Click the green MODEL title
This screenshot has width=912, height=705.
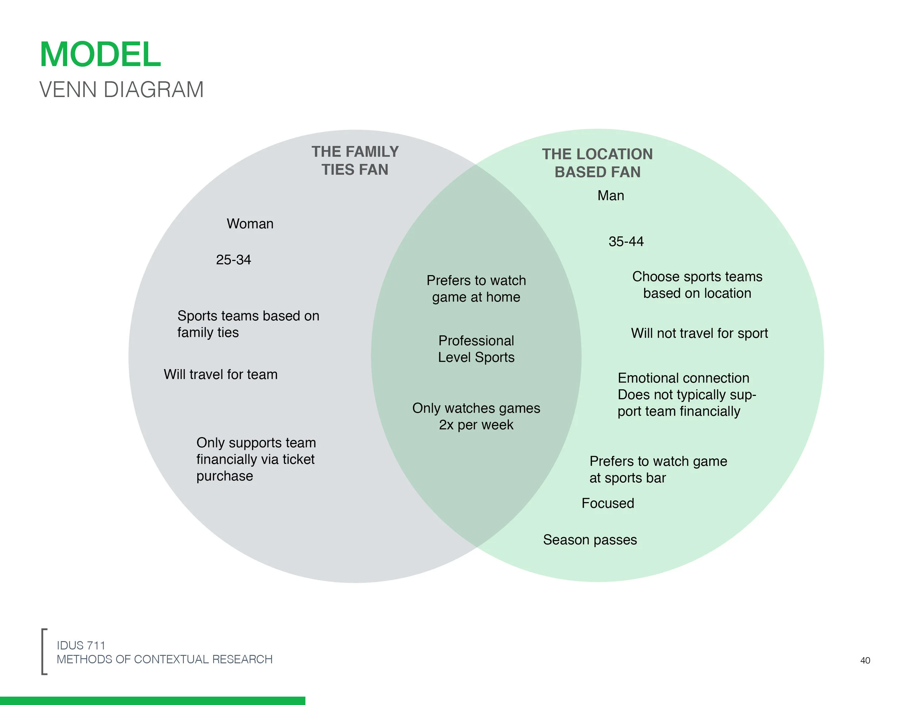[x=100, y=54]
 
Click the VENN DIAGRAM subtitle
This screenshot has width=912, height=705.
[x=121, y=90]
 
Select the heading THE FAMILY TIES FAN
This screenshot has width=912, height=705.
[x=355, y=161]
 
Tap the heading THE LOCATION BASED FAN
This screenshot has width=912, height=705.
[x=597, y=163]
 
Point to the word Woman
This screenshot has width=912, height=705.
[x=250, y=224]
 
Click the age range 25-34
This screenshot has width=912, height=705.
[x=233, y=260]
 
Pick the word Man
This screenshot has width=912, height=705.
[x=611, y=196]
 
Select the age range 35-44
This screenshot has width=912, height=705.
[x=626, y=242]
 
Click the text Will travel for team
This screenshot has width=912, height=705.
[x=220, y=374]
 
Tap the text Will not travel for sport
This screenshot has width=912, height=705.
[x=699, y=333]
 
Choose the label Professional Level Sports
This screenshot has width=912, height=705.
[x=476, y=349]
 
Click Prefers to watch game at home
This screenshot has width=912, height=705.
[x=476, y=289]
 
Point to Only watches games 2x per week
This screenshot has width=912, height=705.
[x=476, y=416]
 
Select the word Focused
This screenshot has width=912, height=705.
[x=608, y=503]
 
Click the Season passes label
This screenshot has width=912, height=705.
[x=590, y=540]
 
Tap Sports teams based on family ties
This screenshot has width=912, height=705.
[x=248, y=324]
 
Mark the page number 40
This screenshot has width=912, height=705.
[x=865, y=660]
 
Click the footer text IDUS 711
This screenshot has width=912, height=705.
[x=81, y=645]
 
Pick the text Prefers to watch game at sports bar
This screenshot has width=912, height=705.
[x=658, y=469]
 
